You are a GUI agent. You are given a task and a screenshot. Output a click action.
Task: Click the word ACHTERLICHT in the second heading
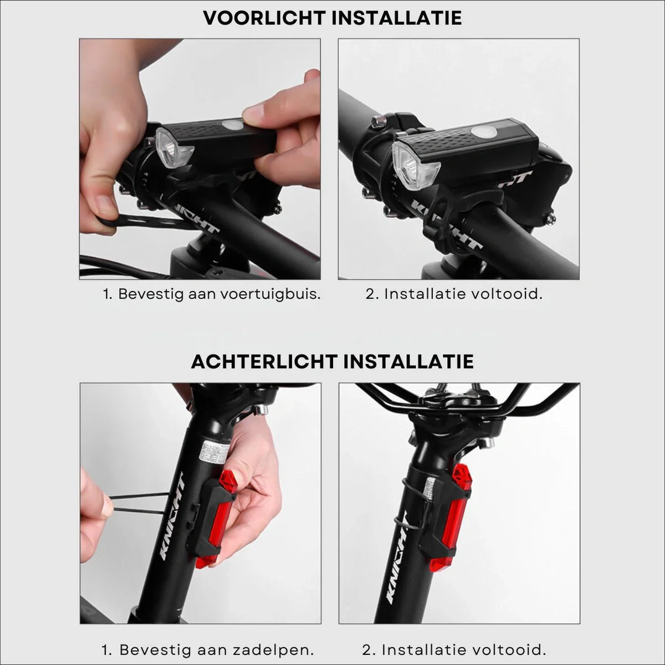(x=264, y=361)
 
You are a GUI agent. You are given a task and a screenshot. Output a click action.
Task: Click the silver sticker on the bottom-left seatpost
(x=213, y=453)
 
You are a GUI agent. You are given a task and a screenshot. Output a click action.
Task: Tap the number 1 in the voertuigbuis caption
(x=107, y=294)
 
